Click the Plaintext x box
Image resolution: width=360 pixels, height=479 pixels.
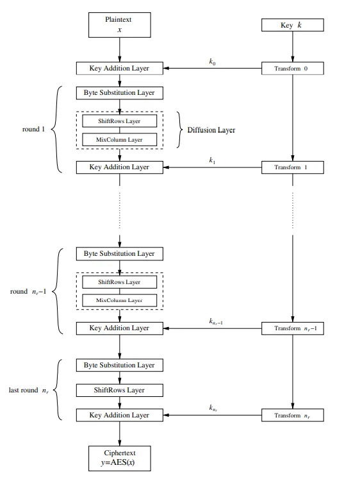pos(120,25)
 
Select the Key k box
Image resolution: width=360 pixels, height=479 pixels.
pos(293,25)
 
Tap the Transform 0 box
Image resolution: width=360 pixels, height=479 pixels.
pos(293,69)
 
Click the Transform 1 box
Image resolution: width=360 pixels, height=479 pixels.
pos(293,167)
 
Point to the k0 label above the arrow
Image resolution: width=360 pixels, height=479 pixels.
pos(212,62)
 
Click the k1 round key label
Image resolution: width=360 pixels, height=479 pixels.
pos(212,160)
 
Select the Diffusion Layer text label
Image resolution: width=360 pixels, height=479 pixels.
pos(211,130)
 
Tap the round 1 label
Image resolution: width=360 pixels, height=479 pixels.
pos(33,130)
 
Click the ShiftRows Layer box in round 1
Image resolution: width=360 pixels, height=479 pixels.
pos(120,121)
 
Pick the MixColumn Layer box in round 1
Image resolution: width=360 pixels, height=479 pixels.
pos(120,140)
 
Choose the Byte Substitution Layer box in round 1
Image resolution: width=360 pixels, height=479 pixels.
pos(120,93)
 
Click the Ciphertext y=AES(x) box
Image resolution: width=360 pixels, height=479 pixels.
pos(120,458)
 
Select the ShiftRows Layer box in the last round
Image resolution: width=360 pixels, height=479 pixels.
pos(120,390)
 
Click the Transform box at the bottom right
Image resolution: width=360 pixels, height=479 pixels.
pos(293,415)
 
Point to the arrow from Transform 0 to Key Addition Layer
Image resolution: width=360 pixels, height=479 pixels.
pos(212,69)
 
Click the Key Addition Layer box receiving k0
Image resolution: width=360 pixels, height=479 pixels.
pos(120,69)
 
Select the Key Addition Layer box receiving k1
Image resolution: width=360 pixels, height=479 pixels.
pos(120,167)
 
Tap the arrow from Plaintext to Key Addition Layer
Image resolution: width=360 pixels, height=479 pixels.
pos(120,50)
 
